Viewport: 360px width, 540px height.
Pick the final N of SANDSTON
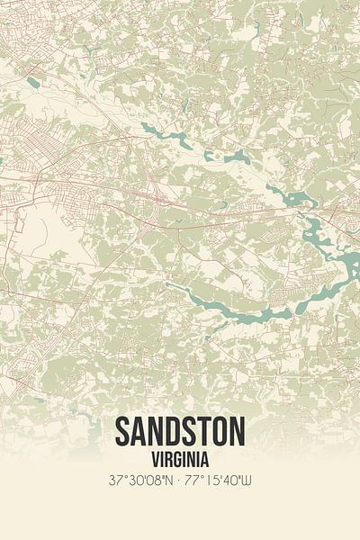click(238, 434)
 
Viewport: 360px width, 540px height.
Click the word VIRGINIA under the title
click(180, 458)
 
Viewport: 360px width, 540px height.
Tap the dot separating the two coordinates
click(180, 482)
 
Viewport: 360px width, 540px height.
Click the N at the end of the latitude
click(169, 482)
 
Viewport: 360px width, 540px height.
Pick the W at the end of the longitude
click(247, 482)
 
